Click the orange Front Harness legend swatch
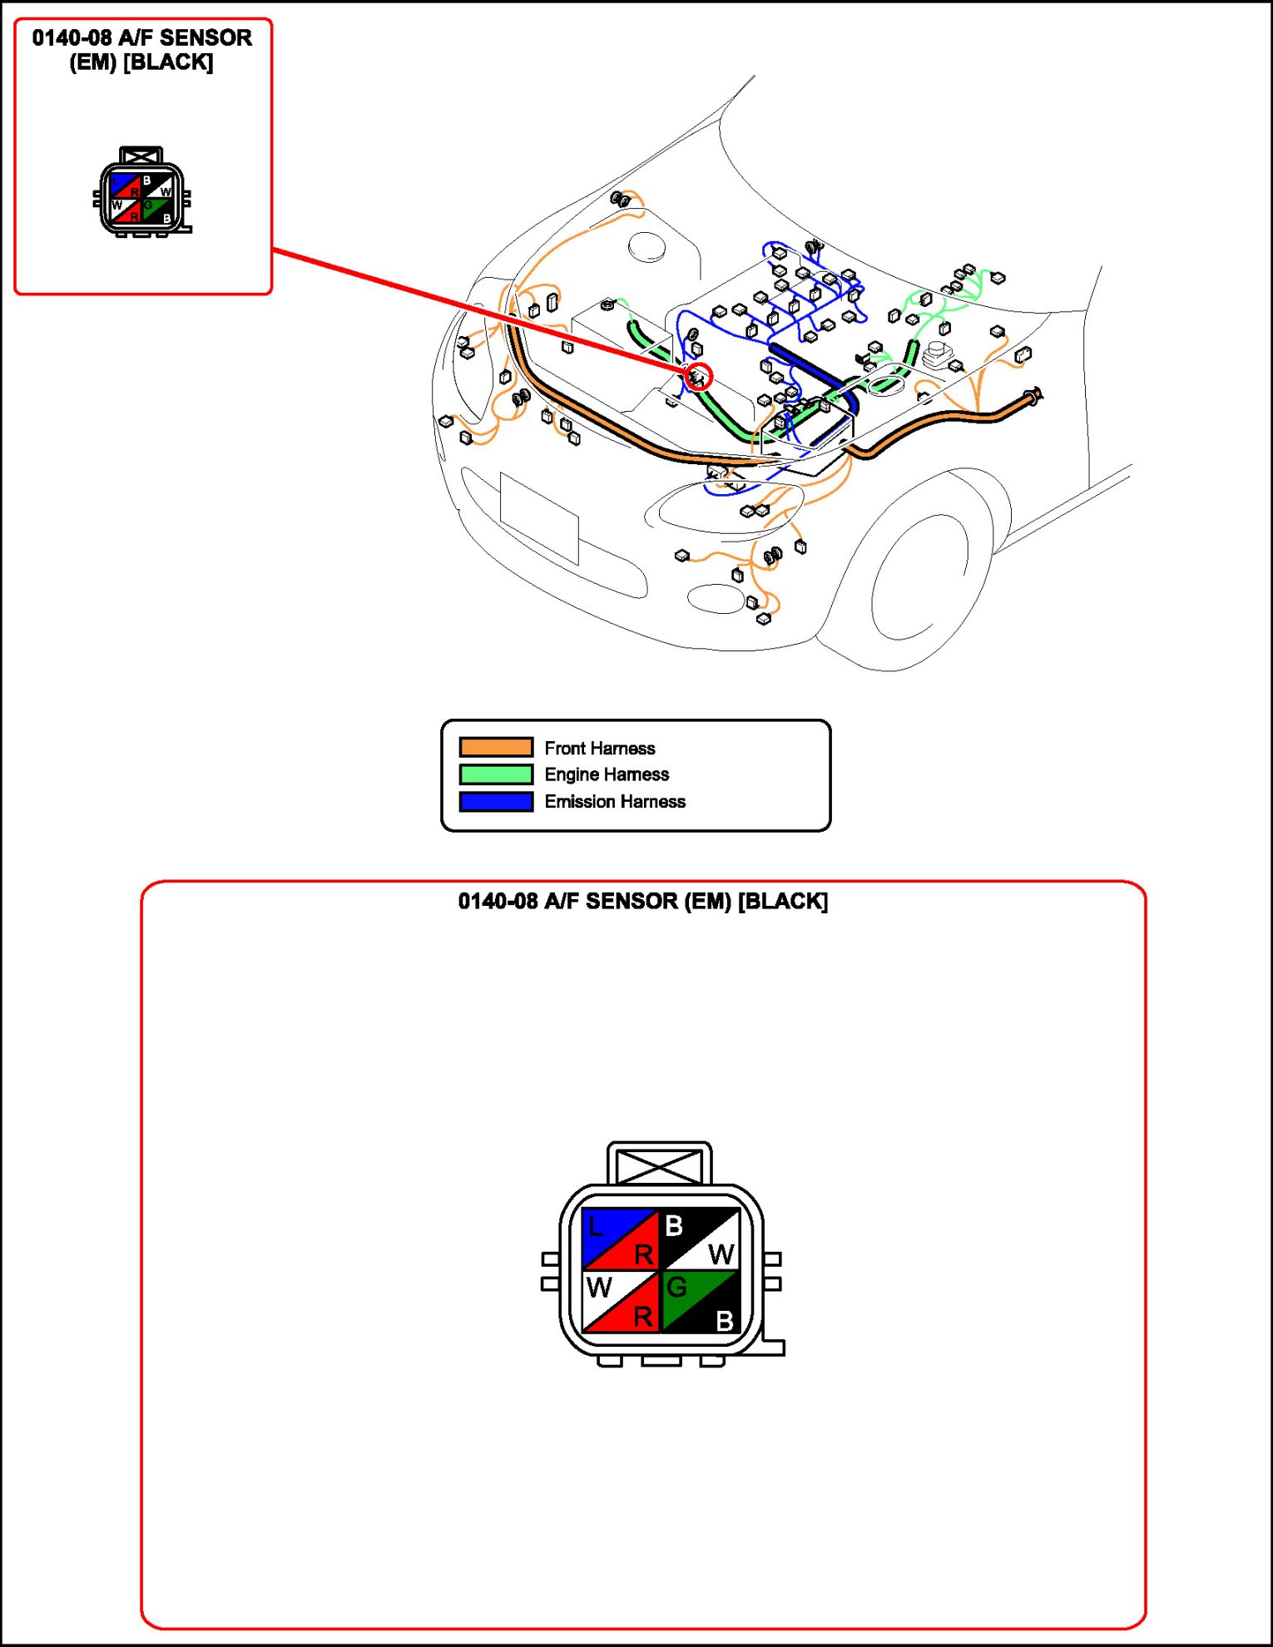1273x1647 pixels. click(496, 747)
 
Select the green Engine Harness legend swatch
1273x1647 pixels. click(496, 774)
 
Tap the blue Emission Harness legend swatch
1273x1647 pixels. click(496, 801)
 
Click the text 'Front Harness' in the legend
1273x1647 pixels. click(599, 748)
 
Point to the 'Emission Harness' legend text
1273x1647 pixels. click(615, 801)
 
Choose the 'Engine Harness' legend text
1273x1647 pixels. click(607, 774)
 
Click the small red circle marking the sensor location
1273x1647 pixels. click(699, 377)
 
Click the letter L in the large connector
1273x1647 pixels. click(594, 1226)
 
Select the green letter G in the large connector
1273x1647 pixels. click(676, 1288)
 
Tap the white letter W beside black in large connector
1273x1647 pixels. click(721, 1254)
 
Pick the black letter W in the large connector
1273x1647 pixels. click(599, 1288)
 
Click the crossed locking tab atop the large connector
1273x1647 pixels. click(659, 1165)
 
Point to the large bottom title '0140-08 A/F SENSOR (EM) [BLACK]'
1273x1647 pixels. click(643, 902)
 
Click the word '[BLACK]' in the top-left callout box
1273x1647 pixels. click(168, 62)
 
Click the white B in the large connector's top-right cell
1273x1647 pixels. click(674, 1225)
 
